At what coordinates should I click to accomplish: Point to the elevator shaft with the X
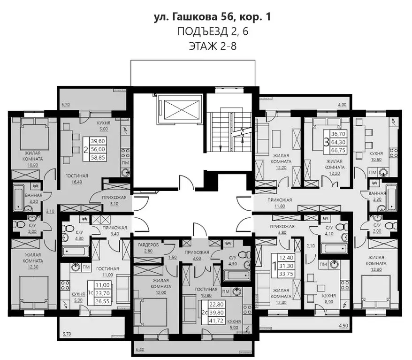tap(180, 111)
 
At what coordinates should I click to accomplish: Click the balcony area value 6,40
tap(140, 350)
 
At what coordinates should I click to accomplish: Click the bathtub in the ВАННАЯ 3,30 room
tap(391, 197)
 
